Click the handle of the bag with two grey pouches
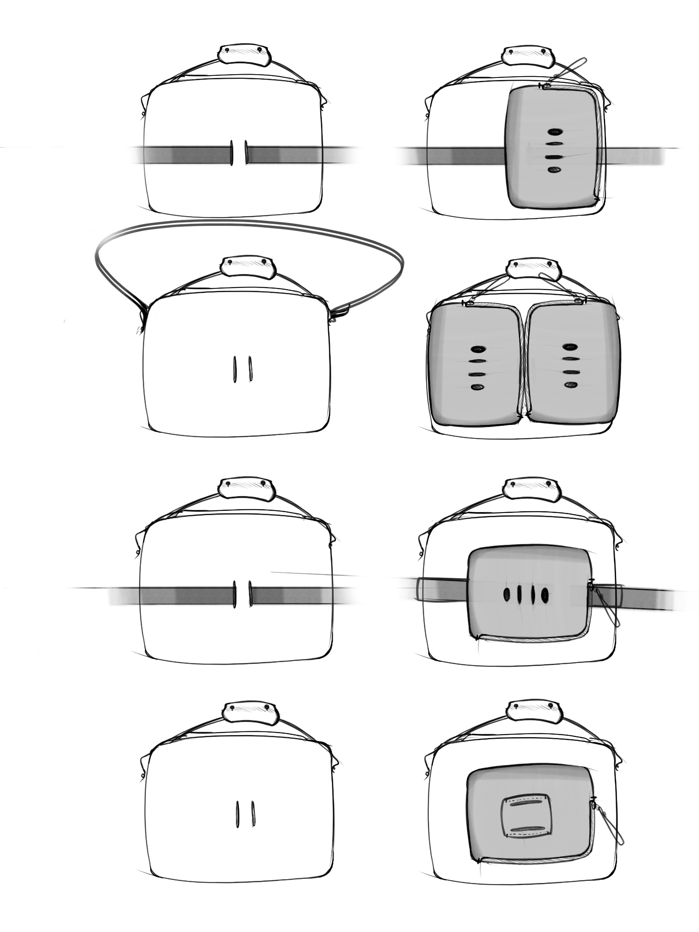coord(534,269)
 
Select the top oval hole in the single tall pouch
coord(555,132)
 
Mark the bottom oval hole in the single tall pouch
coord(554,170)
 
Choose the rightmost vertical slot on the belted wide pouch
coord(545,595)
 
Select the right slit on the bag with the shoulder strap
coord(251,369)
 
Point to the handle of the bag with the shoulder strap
coord(248,267)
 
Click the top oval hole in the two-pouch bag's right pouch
coord(570,347)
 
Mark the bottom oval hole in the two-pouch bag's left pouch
coord(477,387)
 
